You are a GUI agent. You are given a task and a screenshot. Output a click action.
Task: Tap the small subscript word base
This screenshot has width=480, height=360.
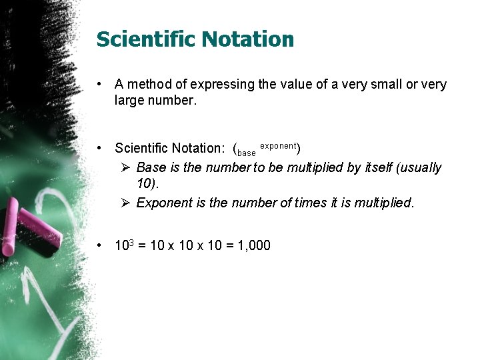(x=247, y=153)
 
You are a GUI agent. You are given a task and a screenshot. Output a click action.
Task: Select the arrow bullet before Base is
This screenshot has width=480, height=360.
(x=124, y=167)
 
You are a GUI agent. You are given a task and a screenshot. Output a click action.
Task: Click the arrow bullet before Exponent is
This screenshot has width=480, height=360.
(x=124, y=203)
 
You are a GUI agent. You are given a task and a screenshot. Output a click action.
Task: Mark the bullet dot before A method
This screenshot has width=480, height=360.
(x=99, y=85)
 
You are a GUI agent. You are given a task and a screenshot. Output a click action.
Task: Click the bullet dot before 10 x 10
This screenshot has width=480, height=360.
(x=99, y=245)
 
